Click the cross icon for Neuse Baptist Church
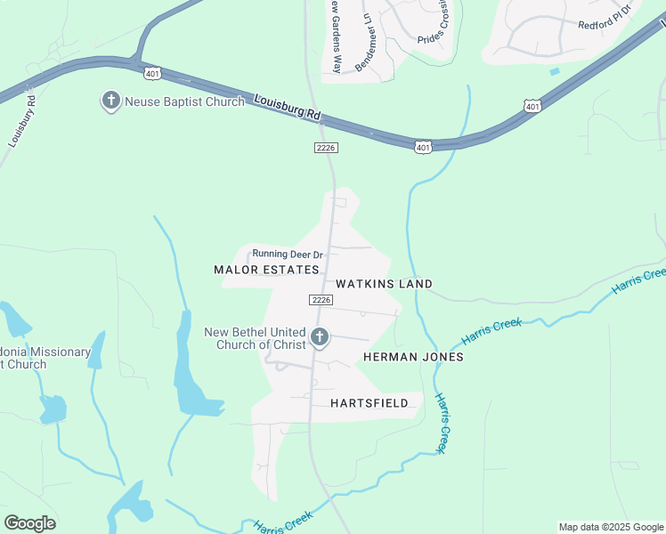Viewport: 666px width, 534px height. pyautogui.click(x=111, y=100)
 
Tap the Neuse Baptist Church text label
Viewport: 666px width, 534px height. pyautogui.click(x=184, y=101)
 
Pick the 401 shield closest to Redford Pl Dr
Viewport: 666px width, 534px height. pyautogui.click(x=532, y=107)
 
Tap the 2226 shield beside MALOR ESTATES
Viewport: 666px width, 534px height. pyautogui.click(x=322, y=300)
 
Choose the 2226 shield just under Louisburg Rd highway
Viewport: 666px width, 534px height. pyautogui.click(x=326, y=148)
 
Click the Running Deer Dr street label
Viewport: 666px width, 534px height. pyautogui.click(x=288, y=255)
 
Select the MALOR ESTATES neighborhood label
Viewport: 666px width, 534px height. pyautogui.click(x=266, y=269)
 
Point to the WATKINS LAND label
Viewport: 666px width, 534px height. pyautogui.click(x=384, y=284)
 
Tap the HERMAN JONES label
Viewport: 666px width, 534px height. pyautogui.click(x=413, y=356)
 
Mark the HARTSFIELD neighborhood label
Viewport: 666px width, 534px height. pyautogui.click(x=369, y=403)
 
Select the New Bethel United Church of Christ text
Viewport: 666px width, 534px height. pyautogui.click(x=255, y=338)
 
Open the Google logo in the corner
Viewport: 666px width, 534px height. pyautogui.click(x=29, y=523)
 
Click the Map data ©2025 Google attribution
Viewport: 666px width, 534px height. pyautogui.click(x=611, y=527)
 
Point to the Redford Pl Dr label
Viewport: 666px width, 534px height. pyautogui.click(x=604, y=19)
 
